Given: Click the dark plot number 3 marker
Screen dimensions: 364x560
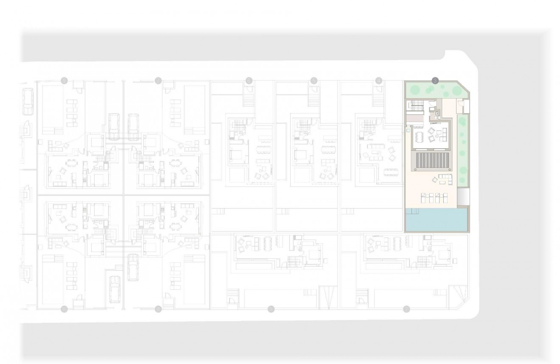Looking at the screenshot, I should coord(435,80).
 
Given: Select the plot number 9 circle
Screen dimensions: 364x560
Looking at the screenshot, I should coord(64,80).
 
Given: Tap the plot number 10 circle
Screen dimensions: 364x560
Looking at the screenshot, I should coord(64,308).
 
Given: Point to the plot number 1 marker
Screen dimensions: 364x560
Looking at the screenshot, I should coord(271,309).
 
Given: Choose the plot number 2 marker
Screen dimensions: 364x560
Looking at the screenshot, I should coord(406,309).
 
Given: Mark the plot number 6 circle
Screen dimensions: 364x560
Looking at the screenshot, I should coord(249,80).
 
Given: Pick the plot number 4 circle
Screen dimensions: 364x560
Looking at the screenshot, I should coord(379,80).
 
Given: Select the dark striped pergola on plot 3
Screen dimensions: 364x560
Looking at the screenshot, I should coord(432,161).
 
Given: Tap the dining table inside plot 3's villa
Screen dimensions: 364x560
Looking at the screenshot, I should coord(420,136).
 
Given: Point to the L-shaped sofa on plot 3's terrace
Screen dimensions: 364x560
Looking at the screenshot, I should coord(445,180).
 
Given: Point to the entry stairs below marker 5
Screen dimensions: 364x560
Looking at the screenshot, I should coord(314,100).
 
